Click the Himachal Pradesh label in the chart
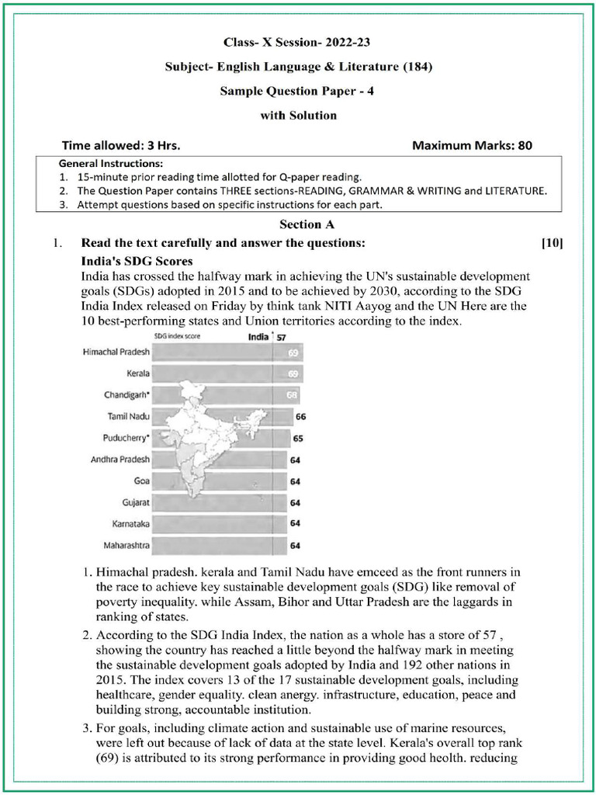[116, 352]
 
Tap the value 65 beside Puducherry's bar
[298, 439]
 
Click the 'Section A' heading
[298, 225]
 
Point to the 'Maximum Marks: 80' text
[472, 145]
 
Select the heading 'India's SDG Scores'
[137, 262]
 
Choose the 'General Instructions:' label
[111, 164]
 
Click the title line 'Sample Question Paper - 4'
[298, 91]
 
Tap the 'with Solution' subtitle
[298, 116]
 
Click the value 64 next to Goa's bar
[295, 481]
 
